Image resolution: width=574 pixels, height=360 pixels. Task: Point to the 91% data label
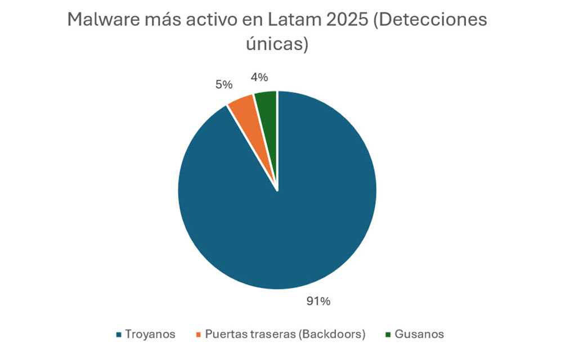pos(318,301)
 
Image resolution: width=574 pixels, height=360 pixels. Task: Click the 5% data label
pos(223,84)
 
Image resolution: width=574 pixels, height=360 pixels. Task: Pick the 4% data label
pos(259,77)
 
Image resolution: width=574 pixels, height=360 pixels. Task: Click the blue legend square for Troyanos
pos(119,335)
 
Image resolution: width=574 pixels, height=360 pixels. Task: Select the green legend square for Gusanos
pos(388,335)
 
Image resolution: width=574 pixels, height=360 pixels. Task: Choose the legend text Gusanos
pos(419,334)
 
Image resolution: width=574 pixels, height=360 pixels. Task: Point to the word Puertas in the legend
pos(224,334)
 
